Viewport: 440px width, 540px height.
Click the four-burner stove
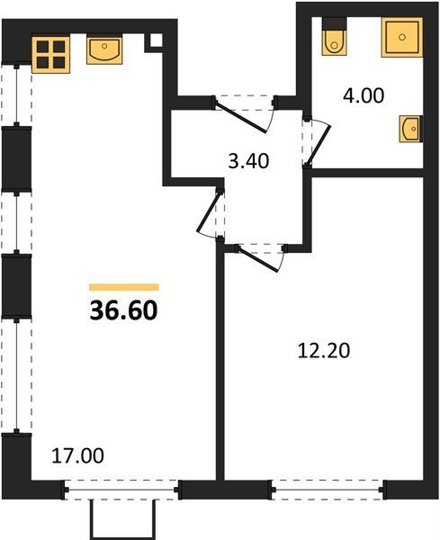[51, 54]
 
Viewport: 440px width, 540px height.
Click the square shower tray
[402, 37]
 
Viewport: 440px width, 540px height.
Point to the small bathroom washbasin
[410, 129]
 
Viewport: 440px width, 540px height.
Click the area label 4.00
[364, 95]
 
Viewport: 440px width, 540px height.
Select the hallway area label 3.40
[248, 161]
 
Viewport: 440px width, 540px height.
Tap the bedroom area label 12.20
[324, 351]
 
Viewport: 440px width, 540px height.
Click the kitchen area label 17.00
[77, 455]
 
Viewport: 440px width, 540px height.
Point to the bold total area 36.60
[123, 310]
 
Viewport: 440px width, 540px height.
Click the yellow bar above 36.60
[123, 287]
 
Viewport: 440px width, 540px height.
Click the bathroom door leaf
[319, 145]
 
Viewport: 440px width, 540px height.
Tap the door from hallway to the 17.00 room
[209, 212]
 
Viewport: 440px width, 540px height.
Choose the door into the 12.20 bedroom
[259, 258]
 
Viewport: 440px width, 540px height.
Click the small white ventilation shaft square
[156, 40]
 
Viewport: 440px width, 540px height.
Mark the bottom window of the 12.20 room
[328, 490]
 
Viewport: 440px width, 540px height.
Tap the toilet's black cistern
[334, 23]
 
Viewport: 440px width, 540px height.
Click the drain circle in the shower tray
[402, 37]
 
